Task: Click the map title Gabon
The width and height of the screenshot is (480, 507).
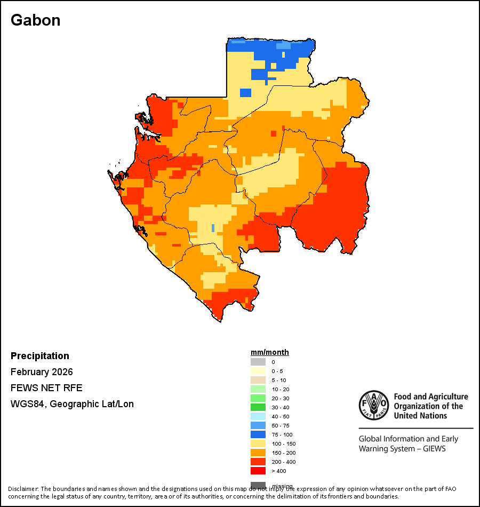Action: (35, 20)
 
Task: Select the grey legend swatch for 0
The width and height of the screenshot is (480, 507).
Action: (258, 362)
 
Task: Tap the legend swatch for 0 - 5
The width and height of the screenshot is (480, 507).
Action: (258, 371)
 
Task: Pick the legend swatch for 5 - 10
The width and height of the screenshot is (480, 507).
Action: (258, 380)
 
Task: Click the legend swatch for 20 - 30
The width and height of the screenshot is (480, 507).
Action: (258, 398)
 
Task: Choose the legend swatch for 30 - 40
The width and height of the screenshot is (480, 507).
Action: (258, 407)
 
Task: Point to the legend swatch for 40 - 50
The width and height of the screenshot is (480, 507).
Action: (258, 416)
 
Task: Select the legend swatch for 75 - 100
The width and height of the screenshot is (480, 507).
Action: (258, 434)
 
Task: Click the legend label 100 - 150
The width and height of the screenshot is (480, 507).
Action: (283, 444)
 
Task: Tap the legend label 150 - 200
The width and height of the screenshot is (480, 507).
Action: (283, 453)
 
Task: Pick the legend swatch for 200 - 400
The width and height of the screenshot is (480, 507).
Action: (258, 462)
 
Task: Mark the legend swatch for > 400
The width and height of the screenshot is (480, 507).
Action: (258, 471)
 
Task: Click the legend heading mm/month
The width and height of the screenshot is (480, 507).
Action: (270, 352)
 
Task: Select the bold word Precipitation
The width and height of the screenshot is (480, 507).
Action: (40, 356)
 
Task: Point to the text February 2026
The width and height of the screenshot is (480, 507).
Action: (42, 372)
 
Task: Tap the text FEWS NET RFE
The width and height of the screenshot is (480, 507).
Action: (46, 388)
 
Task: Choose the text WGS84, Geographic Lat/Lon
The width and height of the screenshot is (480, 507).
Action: (72, 404)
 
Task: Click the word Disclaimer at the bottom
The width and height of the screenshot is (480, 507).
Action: (23, 489)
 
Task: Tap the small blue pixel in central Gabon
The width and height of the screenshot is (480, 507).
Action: (213, 228)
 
